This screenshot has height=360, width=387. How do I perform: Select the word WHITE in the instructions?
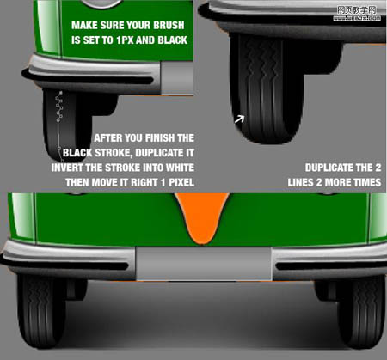click(180, 168)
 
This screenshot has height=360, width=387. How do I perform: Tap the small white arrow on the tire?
click(239, 119)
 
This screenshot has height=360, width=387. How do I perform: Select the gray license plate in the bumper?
click(204, 264)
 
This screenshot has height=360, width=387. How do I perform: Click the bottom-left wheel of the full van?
click(40, 311)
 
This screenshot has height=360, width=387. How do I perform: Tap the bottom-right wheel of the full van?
click(362, 311)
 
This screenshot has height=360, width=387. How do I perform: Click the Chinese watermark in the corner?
click(357, 14)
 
